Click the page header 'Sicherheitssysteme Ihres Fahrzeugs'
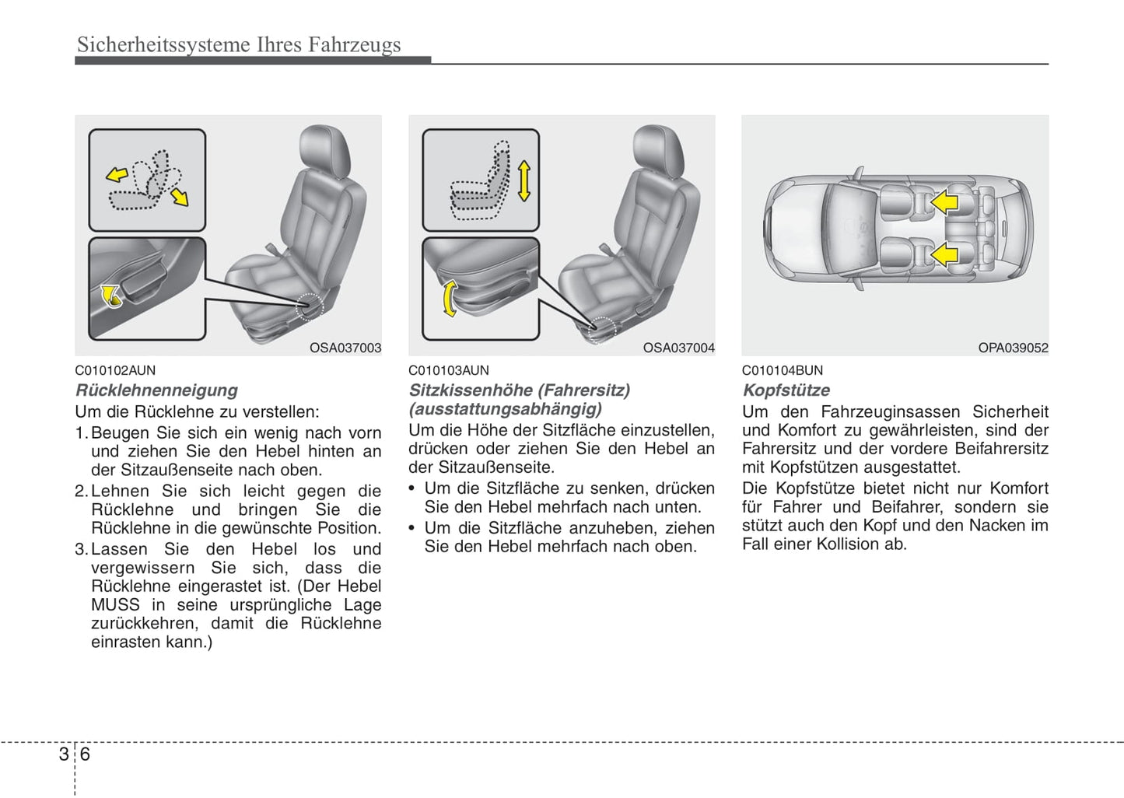[239, 45]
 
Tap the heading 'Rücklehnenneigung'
[156, 390]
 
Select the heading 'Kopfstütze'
[786, 390]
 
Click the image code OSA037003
[345, 348]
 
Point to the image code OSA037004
[678, 348]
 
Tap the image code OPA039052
[1013, 348]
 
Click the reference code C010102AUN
[115, 370]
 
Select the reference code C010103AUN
[449, 370]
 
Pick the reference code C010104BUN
[782, 370]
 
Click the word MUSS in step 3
[115, 605]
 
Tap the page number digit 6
[85, 754]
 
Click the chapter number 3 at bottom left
[63, 754]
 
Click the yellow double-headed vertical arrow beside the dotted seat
[523, 180]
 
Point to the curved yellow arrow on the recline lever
[111, 296]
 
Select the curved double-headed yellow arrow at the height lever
[449, 299]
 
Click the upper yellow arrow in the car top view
[944, 202]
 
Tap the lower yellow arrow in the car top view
[944, 254]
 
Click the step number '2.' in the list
[82, 492]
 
